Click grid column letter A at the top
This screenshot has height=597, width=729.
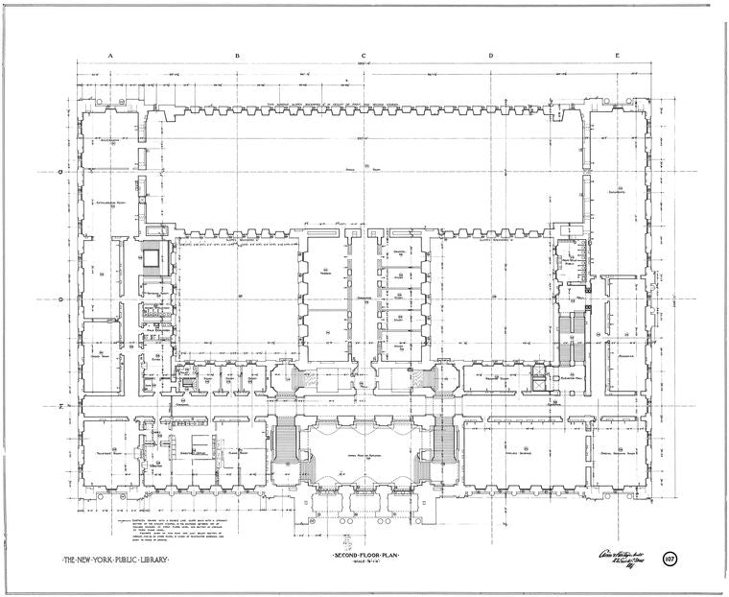coord(110,56)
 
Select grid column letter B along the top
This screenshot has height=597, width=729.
coord(237,56)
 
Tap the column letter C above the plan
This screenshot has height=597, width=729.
coord(364,56)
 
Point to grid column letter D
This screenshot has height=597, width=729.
coord(490,56)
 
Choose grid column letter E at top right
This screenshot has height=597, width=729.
coord(617,56)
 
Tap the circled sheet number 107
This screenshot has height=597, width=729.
coord(670,559)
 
